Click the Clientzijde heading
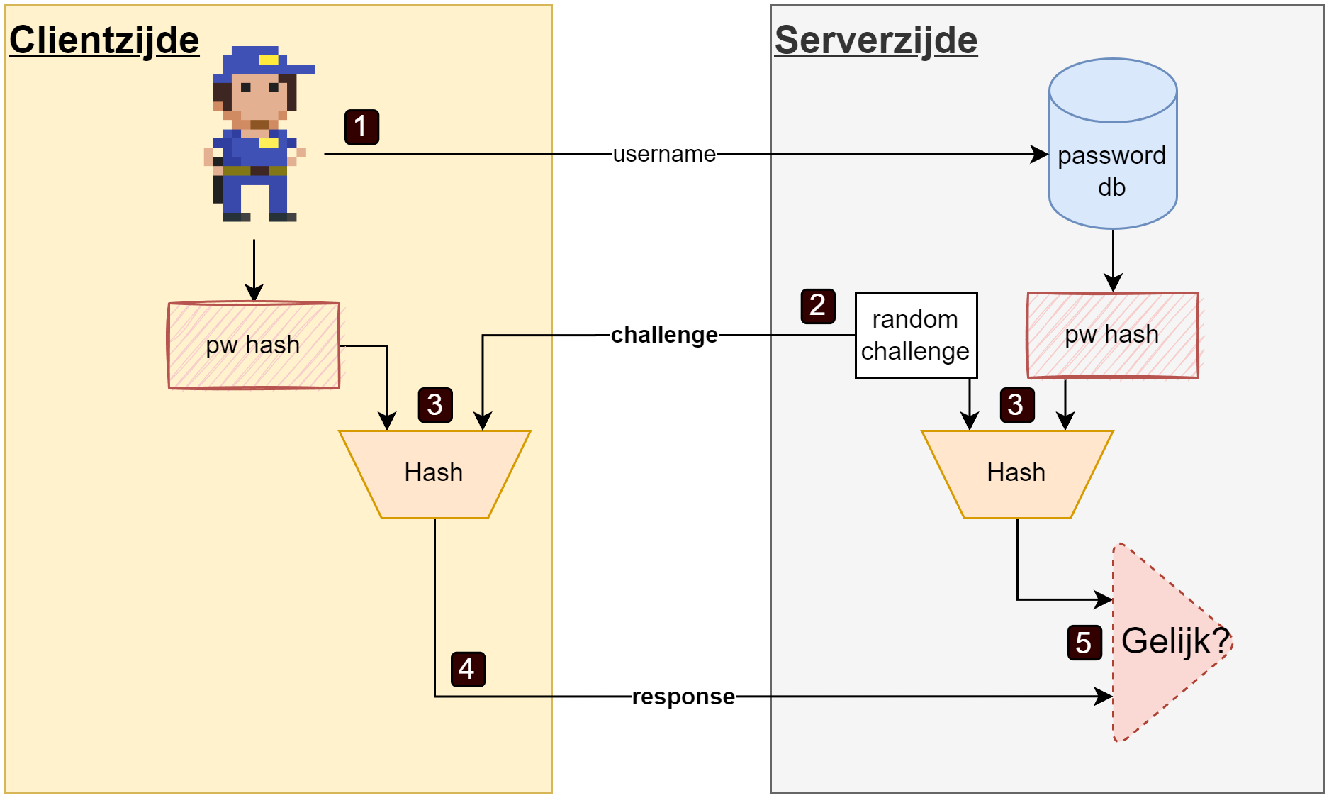pos(104,40)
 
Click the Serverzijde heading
pos(876,40)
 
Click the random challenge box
pos(916,335)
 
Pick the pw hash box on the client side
pos(254,345)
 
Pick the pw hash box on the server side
pos(1112,335)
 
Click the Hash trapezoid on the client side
pos(434,473)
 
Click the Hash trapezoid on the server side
pos(1017,473)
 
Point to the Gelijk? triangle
pos(1162,642)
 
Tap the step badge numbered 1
pos(361,127)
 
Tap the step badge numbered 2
pos(818,306)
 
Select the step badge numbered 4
pos(468,669)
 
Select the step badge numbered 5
pos(1084,643)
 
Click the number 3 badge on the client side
pos(435,405)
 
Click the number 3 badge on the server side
pos(1016,405)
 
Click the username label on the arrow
pos(664,154)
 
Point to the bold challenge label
pos(664,335)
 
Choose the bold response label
pos(683,697)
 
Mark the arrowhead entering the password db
pos(1041,154)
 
